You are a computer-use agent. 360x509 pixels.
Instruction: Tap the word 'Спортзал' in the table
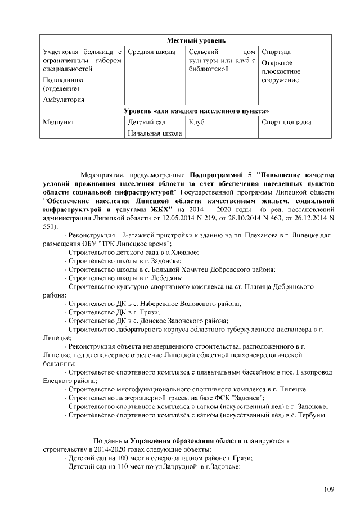(276, 52)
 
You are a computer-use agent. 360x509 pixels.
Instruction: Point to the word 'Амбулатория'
(64, 100)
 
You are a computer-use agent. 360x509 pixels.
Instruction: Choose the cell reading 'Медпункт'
(59, 122)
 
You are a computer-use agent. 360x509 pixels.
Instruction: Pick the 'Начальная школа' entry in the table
(155, 133)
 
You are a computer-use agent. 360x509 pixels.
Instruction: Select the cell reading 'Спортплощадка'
(287, 122)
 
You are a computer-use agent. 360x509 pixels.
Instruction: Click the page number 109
(329, 488)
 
